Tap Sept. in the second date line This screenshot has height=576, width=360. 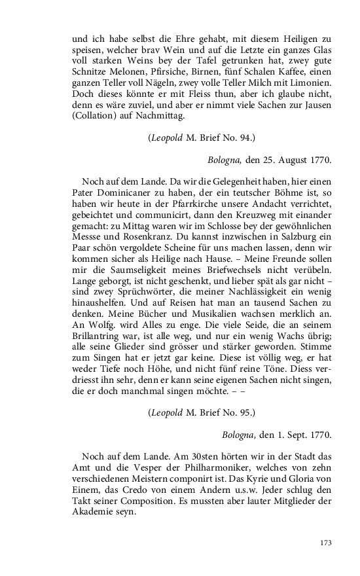(291, 434)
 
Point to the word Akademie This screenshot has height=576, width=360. (96, 513)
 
